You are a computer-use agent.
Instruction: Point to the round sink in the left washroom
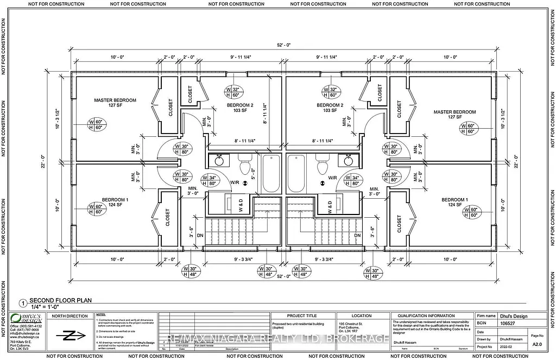219,160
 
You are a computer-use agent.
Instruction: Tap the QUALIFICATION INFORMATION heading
426,315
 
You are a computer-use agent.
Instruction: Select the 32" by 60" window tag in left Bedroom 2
235,91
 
